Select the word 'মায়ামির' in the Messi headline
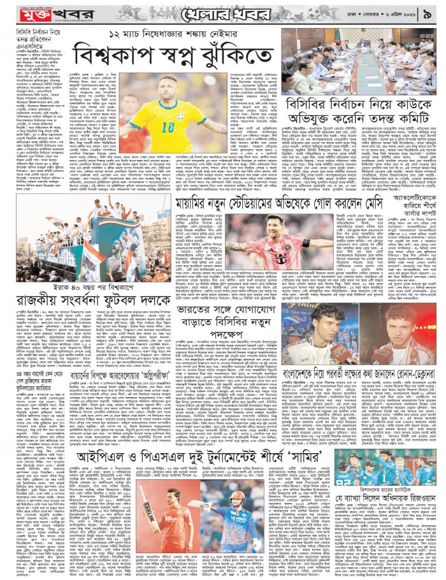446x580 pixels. [x=196, y=203]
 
